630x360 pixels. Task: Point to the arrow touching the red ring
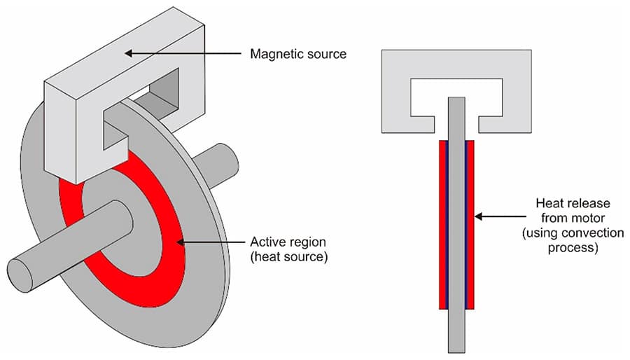pos(210,242)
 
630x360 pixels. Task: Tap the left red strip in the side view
pos(442,224)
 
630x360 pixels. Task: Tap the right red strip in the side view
pos(471,224)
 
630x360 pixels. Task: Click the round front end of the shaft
pos(21,275)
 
